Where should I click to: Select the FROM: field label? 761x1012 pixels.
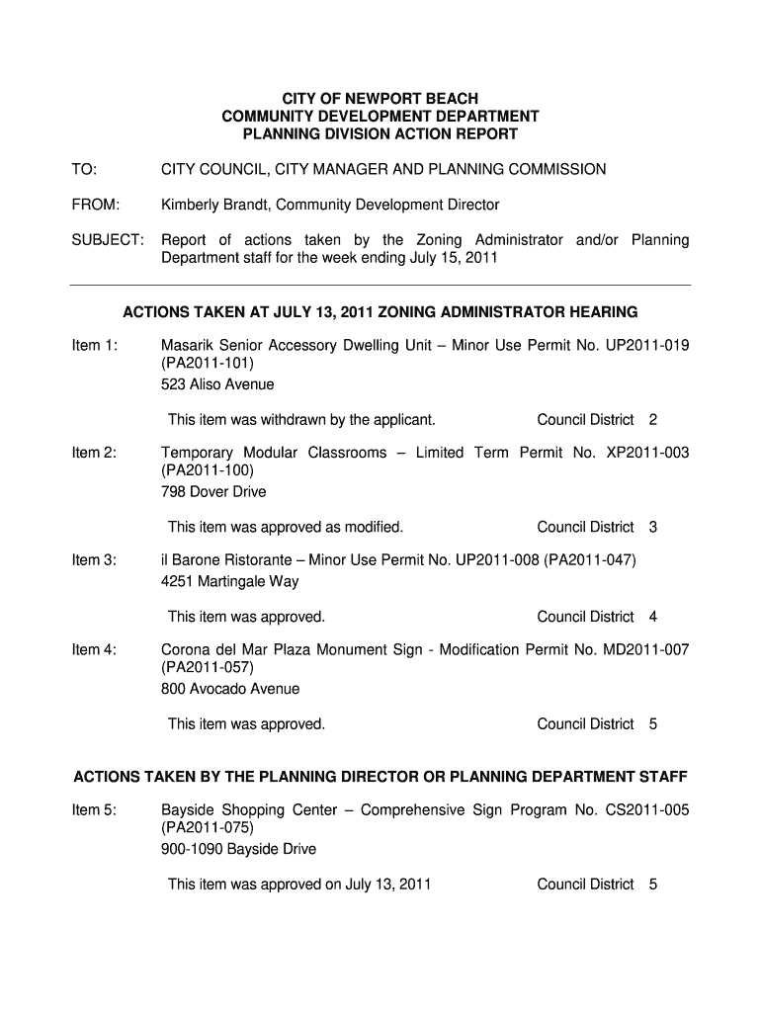click(95, 205)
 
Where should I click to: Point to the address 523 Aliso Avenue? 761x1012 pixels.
click(217, 383)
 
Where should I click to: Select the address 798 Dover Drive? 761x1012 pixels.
click(213, 491)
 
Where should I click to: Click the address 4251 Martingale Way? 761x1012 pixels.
click(229, 581)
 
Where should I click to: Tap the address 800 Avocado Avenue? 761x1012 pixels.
click(230, 688)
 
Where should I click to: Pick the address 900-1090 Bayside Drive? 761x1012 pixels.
click(238, 849)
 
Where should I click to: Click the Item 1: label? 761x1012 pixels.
click(95, 345)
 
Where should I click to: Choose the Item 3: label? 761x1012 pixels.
click(95, 560)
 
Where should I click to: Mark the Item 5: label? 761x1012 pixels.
click(95, 810)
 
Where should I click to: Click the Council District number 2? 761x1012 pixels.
click(653, 420)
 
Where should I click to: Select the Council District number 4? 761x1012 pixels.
click(653, 617)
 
